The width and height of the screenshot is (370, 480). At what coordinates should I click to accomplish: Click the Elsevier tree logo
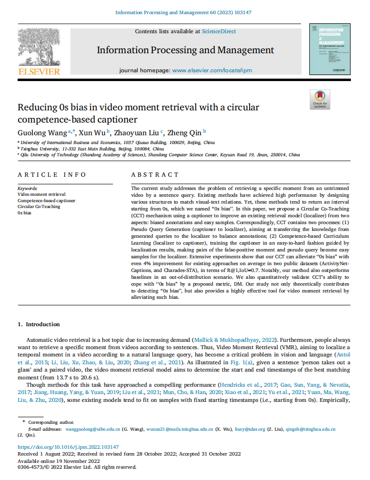coord(39,47)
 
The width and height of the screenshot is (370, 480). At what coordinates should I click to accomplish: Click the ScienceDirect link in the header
coord(219,31)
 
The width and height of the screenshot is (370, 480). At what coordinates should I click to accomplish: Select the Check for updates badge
coord(320,99)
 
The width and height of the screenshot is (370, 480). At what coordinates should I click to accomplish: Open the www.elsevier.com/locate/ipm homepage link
coord(212,70)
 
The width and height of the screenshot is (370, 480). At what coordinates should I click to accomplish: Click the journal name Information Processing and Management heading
coord(185,50)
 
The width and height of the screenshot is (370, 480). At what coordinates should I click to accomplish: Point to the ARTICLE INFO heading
coord(51,175)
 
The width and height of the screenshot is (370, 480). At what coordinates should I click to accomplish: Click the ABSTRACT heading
coord(155,175)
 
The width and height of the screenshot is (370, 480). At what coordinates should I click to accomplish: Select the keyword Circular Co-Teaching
coord(39,207)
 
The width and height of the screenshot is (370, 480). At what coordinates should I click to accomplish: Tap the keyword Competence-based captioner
coord(46,200)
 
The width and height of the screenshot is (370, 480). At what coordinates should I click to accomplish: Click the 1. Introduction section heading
coord(39,324)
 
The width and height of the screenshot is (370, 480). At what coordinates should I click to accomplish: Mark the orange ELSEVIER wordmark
coord(39,72)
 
